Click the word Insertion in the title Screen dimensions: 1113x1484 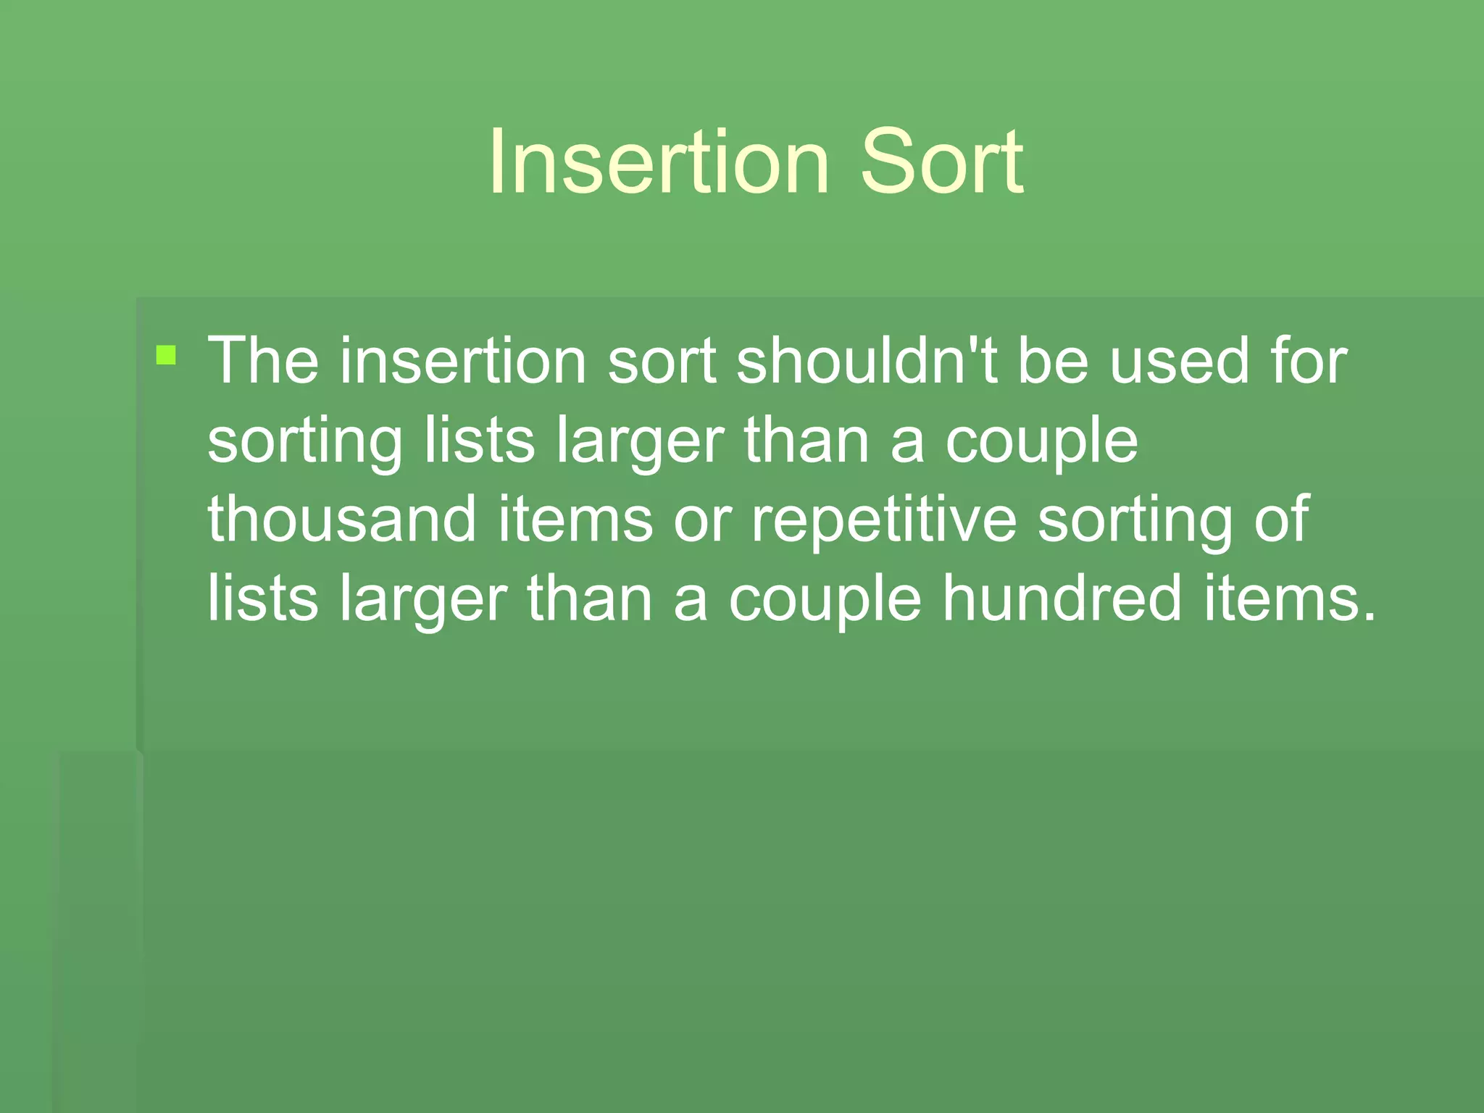pos(658,162)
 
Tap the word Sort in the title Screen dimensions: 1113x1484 pos(941,162)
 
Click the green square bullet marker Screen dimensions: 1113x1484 pos(166,355)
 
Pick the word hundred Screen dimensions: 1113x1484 pos(1062,599)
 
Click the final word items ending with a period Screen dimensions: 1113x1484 pos(1289,599)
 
